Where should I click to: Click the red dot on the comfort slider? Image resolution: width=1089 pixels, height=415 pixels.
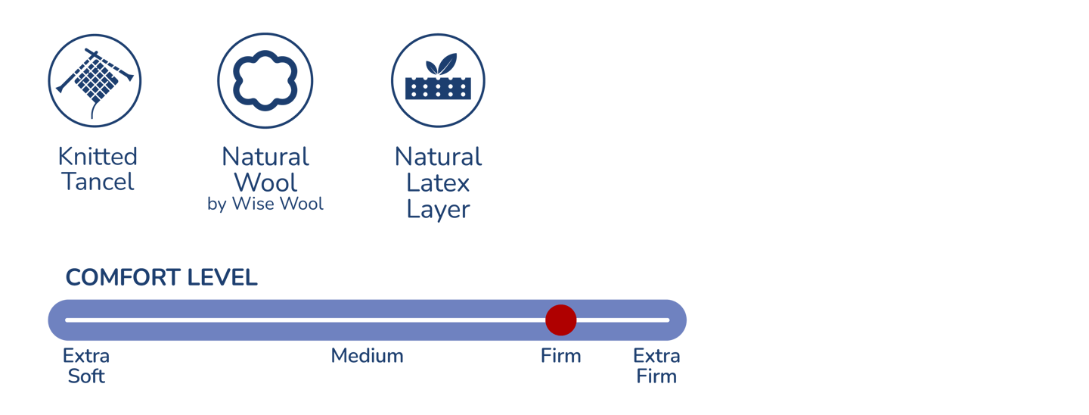pos(560,320)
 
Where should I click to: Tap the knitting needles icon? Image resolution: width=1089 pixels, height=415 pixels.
pos(95,79)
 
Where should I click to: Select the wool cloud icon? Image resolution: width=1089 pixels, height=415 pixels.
pos(265,80)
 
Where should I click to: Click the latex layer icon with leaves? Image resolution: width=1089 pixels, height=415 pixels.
pos(438,80)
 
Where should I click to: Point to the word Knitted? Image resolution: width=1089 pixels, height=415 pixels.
pos(98,157)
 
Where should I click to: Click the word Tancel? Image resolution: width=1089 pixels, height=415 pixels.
pos(98,182)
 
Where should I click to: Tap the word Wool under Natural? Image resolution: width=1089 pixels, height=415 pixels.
pos(265,183)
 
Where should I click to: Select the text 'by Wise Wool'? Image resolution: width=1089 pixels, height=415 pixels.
pos(265,204)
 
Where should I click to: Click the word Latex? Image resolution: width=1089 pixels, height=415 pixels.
pos(438,183)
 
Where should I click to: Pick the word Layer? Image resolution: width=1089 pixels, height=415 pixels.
pos(438,209)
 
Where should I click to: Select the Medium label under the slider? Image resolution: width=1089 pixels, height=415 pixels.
pos(367,355)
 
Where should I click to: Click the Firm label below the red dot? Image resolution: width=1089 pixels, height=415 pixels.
pos(560,355)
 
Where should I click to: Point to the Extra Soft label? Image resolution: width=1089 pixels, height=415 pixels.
pos(86,365)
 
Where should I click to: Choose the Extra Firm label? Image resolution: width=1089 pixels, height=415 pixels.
pos(656,365)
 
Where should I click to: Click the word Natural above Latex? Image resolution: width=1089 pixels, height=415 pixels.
pos(438,157)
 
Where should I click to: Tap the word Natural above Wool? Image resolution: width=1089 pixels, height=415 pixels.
pos(265,157)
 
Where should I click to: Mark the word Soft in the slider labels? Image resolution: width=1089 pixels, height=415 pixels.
pos(86,376)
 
